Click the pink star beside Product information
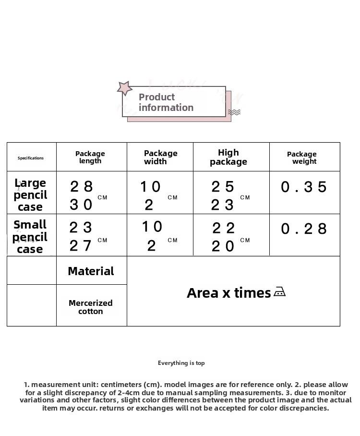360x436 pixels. point(125,88)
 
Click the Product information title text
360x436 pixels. point(166,102)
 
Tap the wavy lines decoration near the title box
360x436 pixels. point(234,112)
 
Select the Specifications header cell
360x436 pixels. point(31,158)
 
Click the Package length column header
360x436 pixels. point(90,157)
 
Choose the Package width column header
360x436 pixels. point(160,157)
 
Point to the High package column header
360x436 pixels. point(228,157)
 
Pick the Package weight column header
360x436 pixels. point(302,157)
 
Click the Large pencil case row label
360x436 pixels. point(30,195)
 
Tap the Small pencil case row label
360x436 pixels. point(30,237)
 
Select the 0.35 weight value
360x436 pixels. point(304,187)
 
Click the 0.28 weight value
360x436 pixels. point(304,229)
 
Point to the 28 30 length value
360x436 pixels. point(82,195)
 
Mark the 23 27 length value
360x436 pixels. point(81,237)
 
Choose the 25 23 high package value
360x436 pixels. point(223,195)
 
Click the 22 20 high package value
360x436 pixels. point(224,237)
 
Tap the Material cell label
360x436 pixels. point(91,271)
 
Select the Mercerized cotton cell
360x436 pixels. point(91,307)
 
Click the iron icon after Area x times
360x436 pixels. point(279,292)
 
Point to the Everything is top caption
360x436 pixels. point(181,363)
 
